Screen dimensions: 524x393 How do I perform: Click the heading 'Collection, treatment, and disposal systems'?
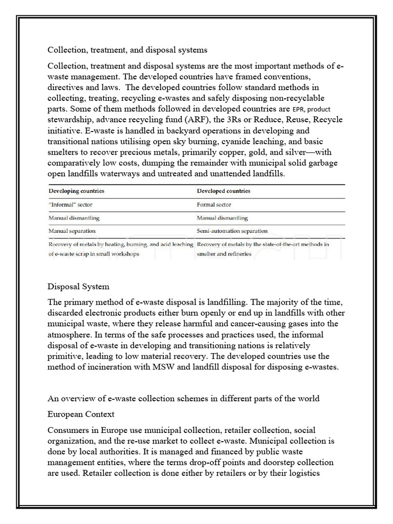click(127, 50)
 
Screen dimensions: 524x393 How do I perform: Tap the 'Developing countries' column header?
click(76, 191)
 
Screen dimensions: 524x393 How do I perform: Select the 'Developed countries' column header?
click(224, 191)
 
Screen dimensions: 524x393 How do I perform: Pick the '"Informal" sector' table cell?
click(71, 204)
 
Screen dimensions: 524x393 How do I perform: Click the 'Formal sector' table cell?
click(214, 204)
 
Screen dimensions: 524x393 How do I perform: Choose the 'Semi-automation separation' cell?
click(232, 231)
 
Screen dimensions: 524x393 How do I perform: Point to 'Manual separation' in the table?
click(72, 231)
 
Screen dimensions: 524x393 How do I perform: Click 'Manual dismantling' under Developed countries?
click(222, 217)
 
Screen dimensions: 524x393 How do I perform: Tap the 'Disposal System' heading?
click(78, 286)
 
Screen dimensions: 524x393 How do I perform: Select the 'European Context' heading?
click(81, 413)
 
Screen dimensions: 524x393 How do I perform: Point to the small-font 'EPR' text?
click(298, 109)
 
